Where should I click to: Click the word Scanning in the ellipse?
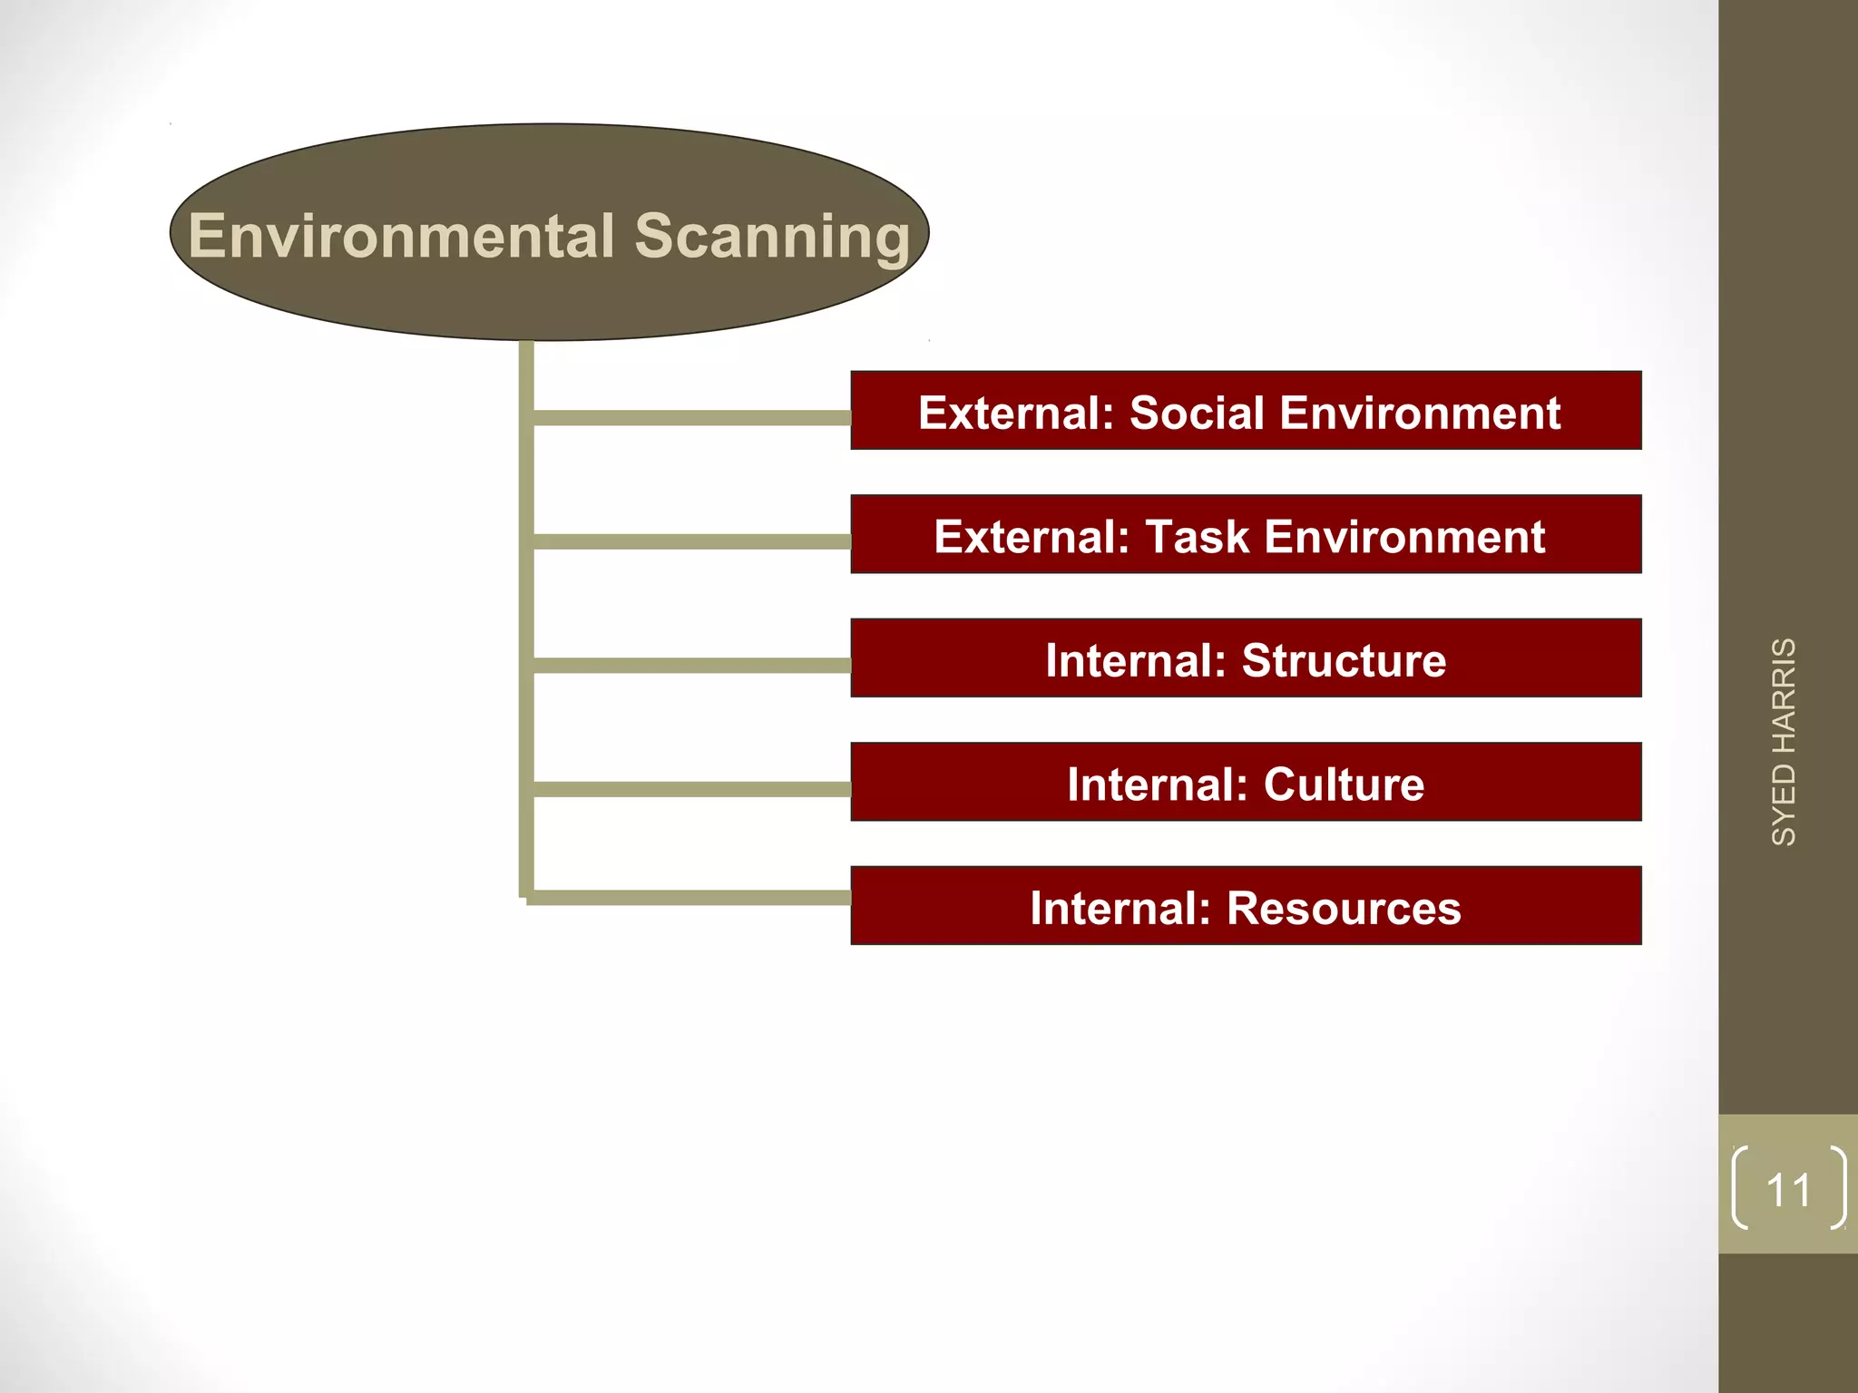tap(772, 237)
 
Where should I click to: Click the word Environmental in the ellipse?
tap(402, 237)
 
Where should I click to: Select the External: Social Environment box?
tap(1246, 411)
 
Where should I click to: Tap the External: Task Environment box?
tap(1246, 535)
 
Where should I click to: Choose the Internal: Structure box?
tap(1246, 658)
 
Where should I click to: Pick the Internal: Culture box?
tap(1246, 783)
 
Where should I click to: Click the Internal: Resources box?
tap(1246, 906)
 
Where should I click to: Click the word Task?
tap(1198, 537)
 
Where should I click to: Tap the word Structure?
tap(1344, 660)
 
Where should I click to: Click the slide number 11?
tap(1788, 1190)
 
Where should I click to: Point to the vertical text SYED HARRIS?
tap(1784, 742)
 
